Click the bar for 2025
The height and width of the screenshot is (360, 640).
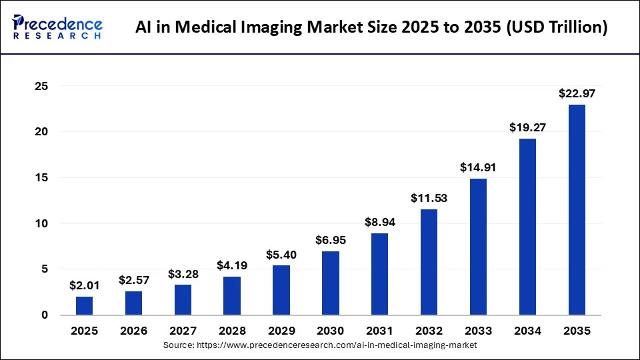85,305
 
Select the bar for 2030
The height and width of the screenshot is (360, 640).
331,283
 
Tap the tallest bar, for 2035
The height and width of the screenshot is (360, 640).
577,209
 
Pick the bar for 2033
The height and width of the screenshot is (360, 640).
478,247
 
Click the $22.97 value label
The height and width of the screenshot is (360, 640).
577,94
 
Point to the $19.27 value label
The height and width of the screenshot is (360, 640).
527,127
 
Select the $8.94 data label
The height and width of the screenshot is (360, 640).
380,222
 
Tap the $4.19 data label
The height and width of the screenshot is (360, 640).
232,265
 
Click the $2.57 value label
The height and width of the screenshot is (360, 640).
134,280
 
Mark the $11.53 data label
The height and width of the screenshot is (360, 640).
429,199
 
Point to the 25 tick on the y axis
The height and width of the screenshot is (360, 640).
41,86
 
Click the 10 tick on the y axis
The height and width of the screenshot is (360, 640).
41,223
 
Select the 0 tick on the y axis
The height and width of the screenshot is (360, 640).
44,315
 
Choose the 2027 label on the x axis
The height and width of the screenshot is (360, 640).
183,331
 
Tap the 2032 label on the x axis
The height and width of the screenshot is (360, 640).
429,331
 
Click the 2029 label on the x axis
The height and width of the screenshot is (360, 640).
281,331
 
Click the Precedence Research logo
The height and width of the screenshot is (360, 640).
57,27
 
